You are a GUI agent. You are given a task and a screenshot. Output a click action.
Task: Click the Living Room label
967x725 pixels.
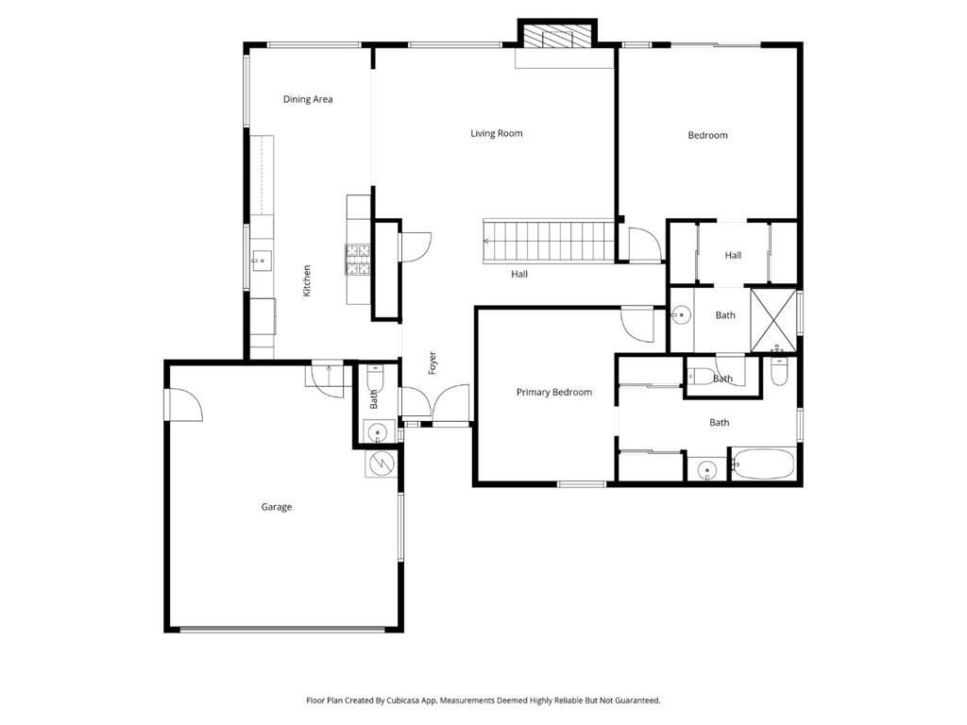pyautogui.click(x=497, y=133)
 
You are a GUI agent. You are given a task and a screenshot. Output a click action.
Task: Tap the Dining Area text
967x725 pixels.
pyautogui.click(x=308, y=99)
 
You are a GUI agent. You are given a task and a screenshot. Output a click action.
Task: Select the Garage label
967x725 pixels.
pyautogui.click(x=277, y=507)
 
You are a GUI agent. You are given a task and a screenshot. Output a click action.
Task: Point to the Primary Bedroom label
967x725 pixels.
pyautogui.click(x=554, y=392)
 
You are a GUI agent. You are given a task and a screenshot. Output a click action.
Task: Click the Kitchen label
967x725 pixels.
pyautogui.click(x=307, y=281)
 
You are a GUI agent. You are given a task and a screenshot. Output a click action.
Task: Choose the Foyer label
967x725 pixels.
pyautogui.click(x=433, y=363)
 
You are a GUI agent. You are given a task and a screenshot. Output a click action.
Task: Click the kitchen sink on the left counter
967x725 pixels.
pyautogui.click(x=259, y=258)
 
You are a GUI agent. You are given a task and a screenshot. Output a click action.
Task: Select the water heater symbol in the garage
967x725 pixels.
pyautogui.click(x=380, y=464)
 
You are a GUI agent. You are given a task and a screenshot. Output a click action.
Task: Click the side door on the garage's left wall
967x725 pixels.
pyautogui.click(x=182, y=405)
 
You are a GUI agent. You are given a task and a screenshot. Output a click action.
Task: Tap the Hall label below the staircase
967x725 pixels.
pyautogui.click(x=519, y=275)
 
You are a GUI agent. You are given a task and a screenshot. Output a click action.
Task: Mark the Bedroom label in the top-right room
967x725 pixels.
pyautogui.click(x=707, y=135)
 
